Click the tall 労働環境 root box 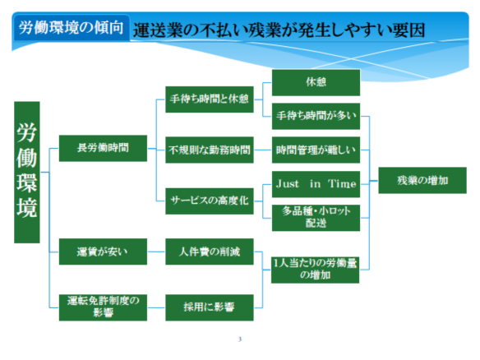27,172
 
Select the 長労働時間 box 103,148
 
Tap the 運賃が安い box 103,252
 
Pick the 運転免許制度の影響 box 103,307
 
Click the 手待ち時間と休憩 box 210,99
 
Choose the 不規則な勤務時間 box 210,150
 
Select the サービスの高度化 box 210,201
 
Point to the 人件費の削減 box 210,252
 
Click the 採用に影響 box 210,307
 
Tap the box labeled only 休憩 316,83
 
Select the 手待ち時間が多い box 316,117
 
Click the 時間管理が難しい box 316,150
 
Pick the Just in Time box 316,184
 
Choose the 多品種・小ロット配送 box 316,218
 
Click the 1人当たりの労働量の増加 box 316,270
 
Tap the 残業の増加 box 422,180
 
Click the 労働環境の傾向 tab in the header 72,28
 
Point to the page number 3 240,339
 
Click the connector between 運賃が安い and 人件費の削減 156,252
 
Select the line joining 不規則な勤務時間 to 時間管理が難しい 263,150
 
